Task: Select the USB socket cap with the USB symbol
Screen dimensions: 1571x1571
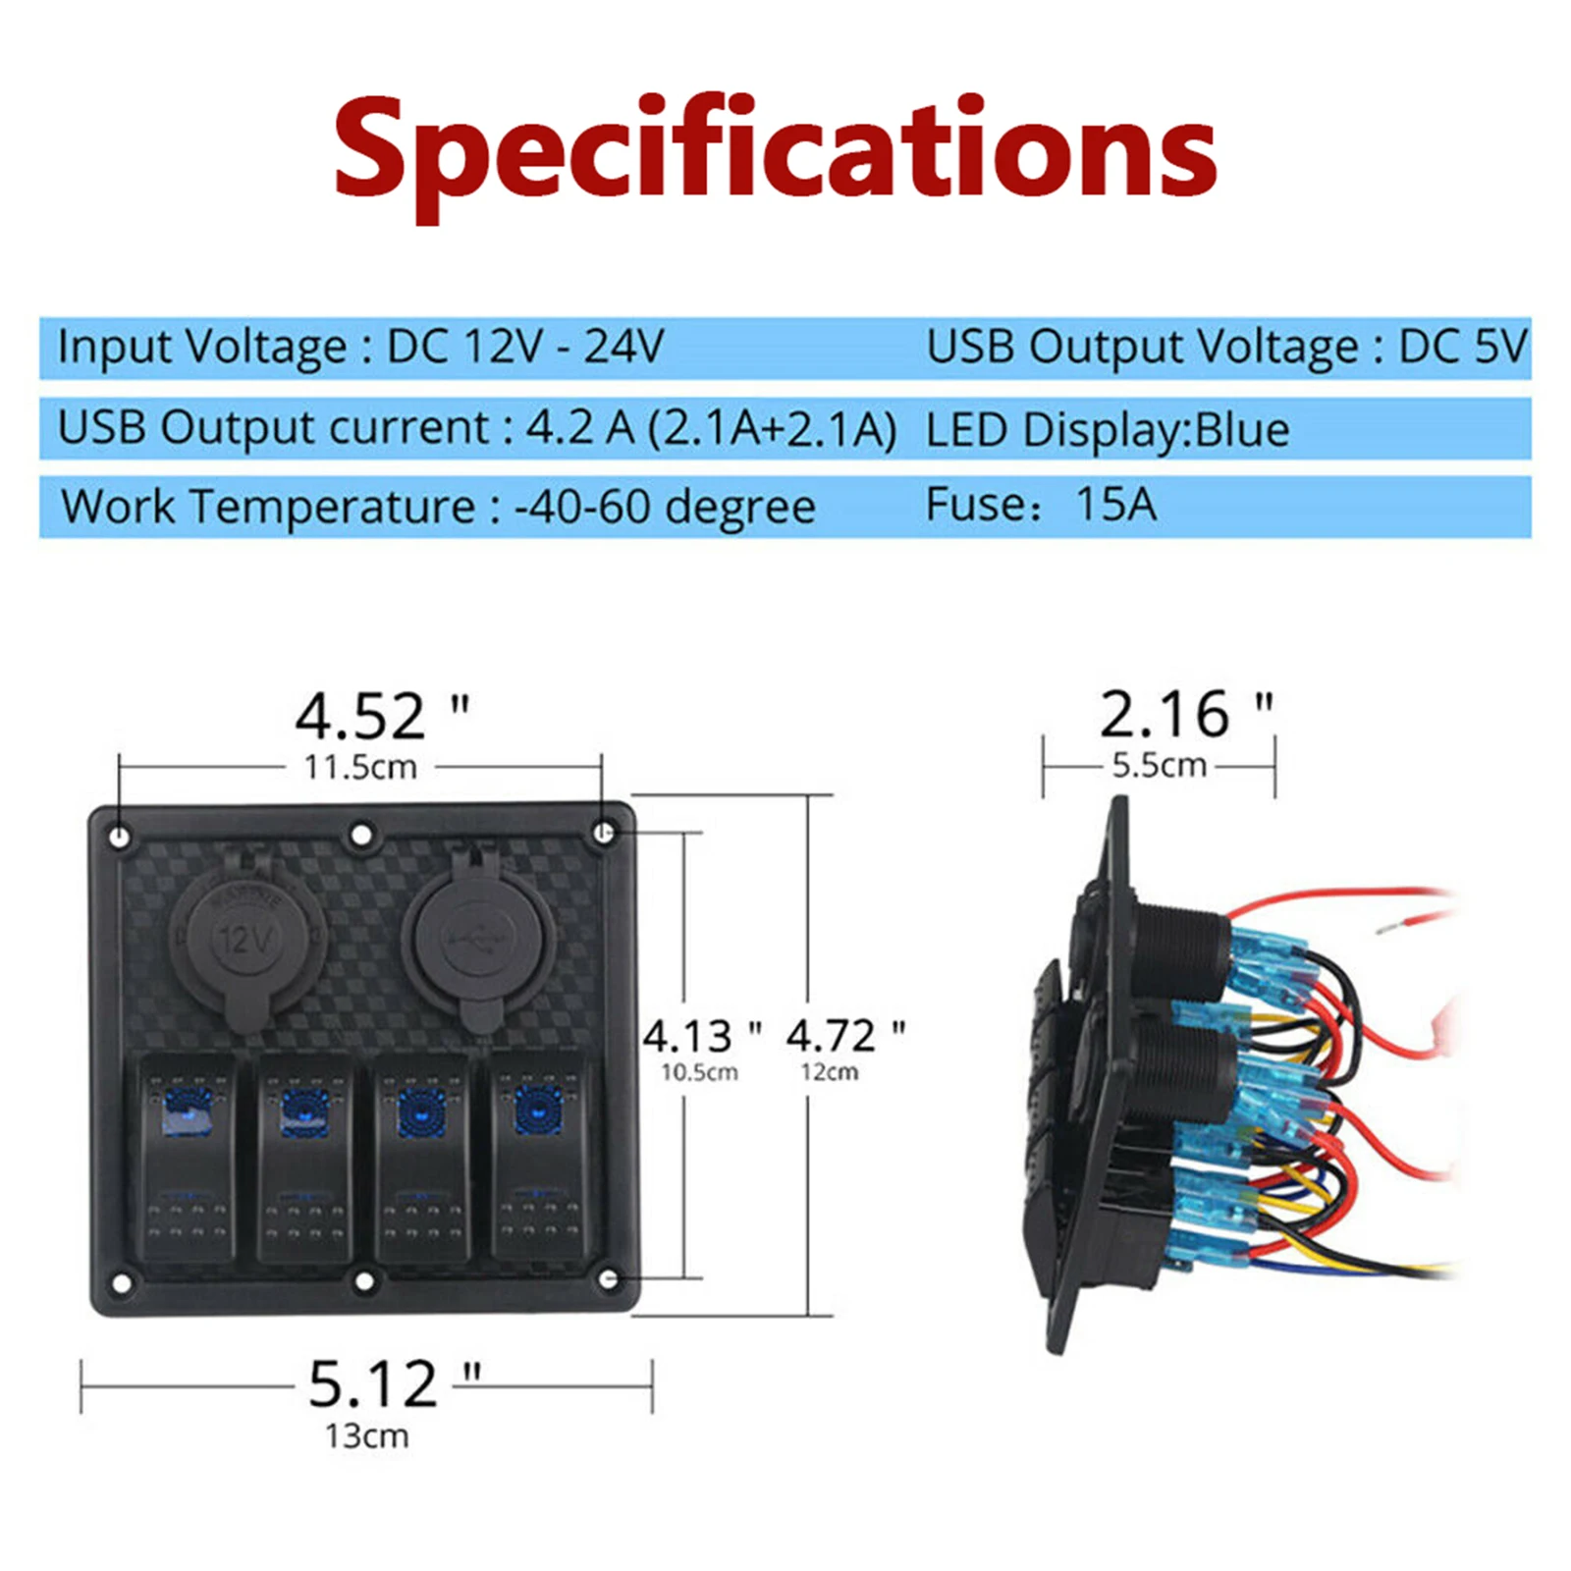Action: click(478, 938)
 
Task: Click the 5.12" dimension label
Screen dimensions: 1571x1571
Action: click(394, 1384)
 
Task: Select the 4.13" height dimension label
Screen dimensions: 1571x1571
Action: click(702, 1036)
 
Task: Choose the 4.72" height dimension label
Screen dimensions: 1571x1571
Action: click(845, 1036)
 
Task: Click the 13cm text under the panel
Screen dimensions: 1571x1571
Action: click(366, 1436)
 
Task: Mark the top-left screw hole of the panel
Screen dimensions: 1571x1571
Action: click(120, 838)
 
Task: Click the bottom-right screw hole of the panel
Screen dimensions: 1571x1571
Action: click(608, 1279)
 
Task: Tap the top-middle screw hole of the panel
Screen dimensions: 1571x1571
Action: click(361, 836)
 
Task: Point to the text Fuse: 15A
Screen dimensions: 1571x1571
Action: click(1041, 505)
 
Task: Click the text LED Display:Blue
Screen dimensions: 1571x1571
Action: click(1107, 430)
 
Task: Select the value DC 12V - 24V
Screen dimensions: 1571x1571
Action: click(525, 346)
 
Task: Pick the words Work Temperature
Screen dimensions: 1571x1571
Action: click(268, 507)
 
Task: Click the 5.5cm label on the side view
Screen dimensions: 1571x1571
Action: click(1159, 765)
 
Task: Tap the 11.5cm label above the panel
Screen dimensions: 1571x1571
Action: click(360, 767)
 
